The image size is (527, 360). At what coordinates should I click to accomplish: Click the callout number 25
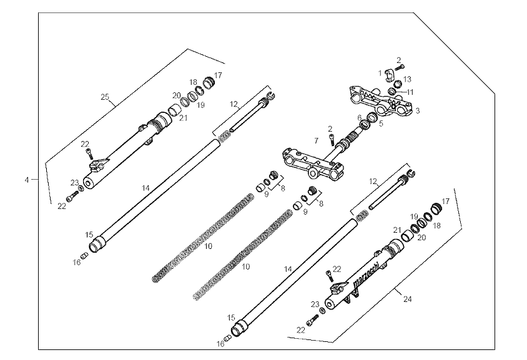click(105, 97)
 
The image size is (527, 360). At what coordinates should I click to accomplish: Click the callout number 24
click(407, 299)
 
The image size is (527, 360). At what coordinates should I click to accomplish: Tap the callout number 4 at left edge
click(27, 180)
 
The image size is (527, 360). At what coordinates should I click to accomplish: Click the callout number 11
click(410, 92)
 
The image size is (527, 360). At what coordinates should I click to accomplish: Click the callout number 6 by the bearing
click(360, 117)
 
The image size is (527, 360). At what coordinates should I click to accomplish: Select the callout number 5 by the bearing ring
click(381, 124)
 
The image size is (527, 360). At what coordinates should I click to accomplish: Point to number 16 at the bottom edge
click(220, 344)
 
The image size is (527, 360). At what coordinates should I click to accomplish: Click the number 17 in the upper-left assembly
click(217, 75)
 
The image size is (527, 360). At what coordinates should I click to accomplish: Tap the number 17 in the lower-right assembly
click(445, 202)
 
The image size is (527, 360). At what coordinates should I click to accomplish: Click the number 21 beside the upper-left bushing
click(183, 117)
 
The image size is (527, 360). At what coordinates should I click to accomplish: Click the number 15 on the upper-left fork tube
click(89, 235)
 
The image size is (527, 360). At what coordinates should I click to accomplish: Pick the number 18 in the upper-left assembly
click(194, 82)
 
